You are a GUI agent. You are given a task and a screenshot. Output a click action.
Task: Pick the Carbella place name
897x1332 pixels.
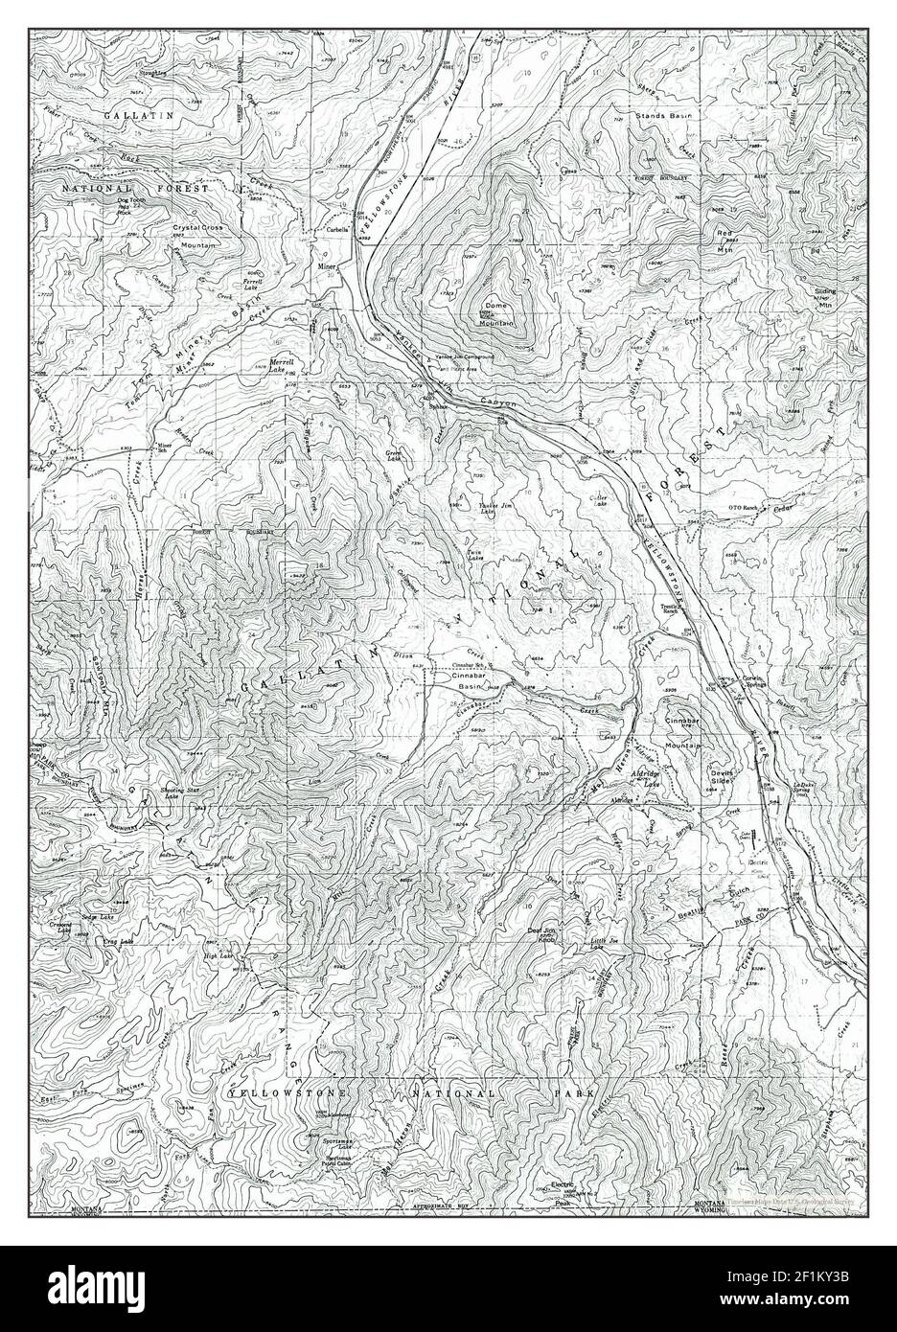coord(335,231)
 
